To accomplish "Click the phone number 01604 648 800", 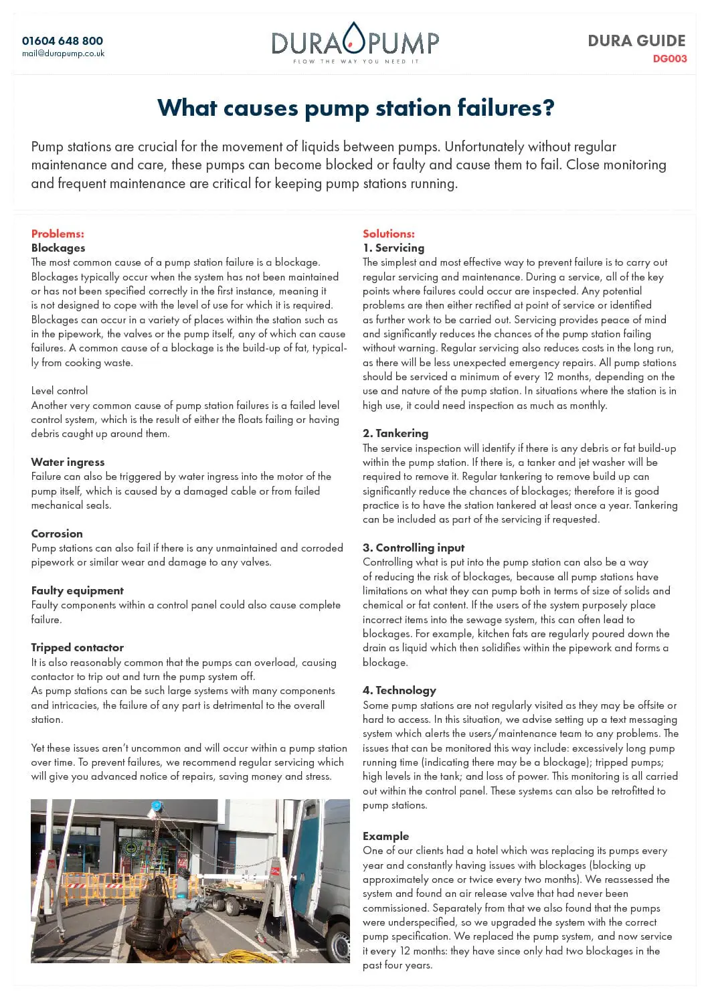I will [62, 41].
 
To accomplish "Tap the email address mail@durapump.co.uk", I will [63, 54].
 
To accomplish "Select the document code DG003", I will [669, 59].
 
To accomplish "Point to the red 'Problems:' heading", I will [58, 234].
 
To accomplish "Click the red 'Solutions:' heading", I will [388, 234].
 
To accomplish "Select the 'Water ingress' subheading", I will [68, 462].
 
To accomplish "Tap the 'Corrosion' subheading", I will [57, 533].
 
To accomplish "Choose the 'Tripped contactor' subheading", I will [77, 647].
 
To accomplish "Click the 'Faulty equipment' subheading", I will [77, 590].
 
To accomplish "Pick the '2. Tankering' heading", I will [395, 433].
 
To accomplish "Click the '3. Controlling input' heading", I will [413, 548].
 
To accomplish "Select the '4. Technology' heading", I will [399, 690].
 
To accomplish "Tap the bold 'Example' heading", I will [385, 836].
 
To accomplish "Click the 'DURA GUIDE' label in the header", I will [636, 41].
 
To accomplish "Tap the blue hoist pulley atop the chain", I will [157, 806].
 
